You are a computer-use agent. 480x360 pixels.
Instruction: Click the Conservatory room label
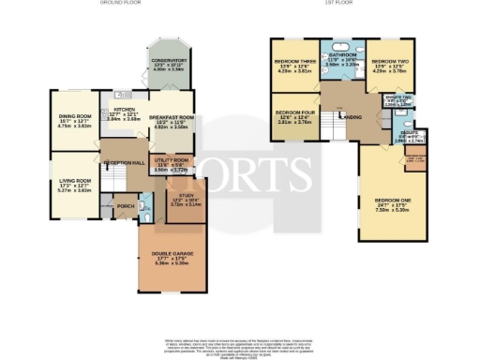pos(171,64)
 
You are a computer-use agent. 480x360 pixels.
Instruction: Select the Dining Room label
pos(72,117)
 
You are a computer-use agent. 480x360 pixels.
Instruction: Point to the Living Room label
pos(72,181)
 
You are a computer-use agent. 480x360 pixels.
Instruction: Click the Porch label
pos(122,205)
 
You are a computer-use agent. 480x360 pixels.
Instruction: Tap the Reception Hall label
pos(120,162)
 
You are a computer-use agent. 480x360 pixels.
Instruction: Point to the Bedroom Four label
pos(293,115)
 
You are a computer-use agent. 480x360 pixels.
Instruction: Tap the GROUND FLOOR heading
pos(119,4)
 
